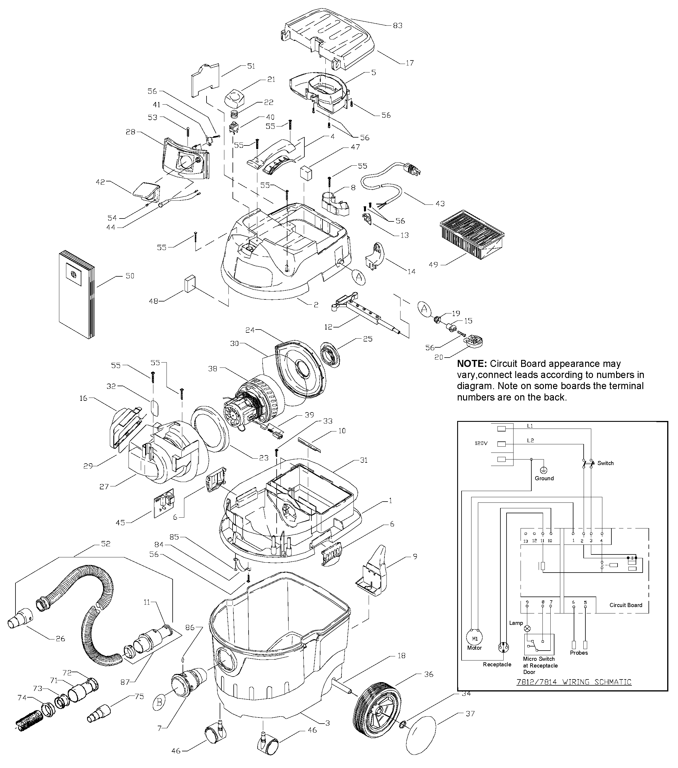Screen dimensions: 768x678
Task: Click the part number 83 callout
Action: click(397, 25)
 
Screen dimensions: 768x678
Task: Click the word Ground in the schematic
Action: click(544, 478)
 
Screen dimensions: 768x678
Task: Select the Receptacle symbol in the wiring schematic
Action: click(503, 647)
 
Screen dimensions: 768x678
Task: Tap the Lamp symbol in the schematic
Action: click(527, 628)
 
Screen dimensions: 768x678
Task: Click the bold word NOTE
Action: click(472, 364)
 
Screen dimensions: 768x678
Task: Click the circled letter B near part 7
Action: click(159, 702)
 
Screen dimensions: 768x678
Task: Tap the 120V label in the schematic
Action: click(481, 443)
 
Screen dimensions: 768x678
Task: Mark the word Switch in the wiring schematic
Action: click(605, 463)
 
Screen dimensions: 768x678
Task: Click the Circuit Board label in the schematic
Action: click(625, 605)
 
